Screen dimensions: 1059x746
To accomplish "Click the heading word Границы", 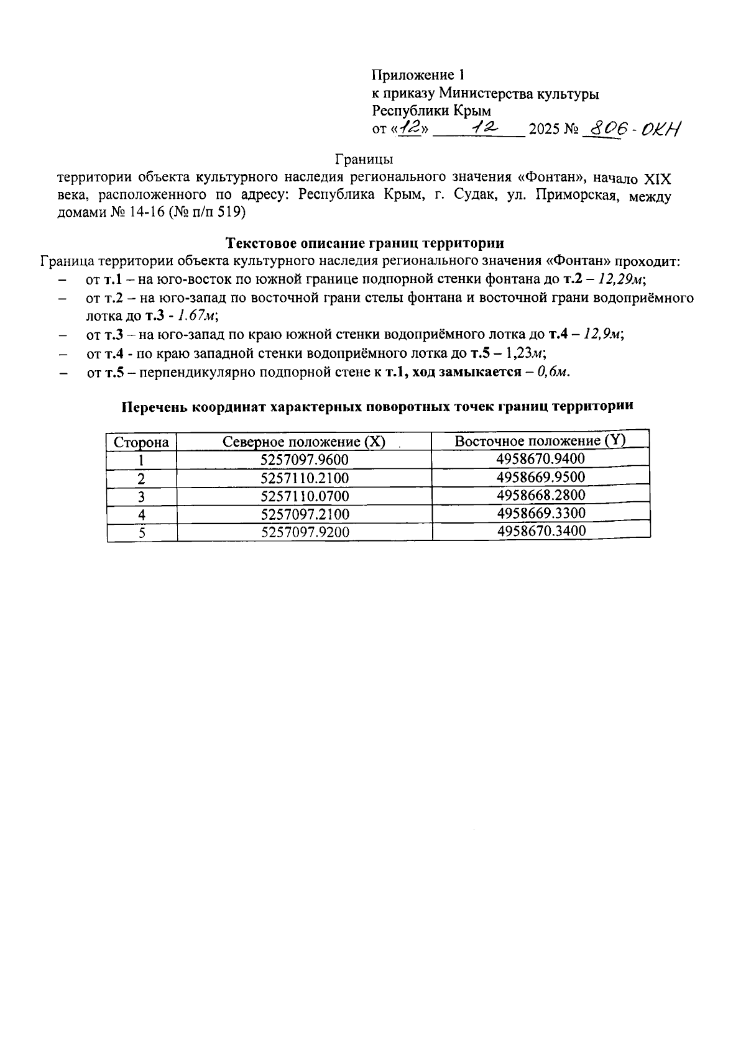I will click(364, 160).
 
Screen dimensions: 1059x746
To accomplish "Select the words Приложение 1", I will click(418, 75).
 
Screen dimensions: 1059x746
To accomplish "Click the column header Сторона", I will click(141, 442).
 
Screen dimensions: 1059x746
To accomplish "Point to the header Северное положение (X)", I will click(304, 442).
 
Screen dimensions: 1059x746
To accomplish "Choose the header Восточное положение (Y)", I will click(540, 440).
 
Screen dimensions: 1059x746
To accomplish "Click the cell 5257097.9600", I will click(305, 460).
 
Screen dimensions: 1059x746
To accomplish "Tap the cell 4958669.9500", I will click(541, 477).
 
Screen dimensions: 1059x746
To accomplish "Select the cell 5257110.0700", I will click(305, 496).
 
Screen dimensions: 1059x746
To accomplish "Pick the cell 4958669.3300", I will click(541, 513).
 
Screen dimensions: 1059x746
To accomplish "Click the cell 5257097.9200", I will click(305, 532).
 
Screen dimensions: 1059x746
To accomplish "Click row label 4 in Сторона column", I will click(142, 514).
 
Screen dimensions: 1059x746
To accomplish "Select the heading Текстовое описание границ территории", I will click(364, 242).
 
